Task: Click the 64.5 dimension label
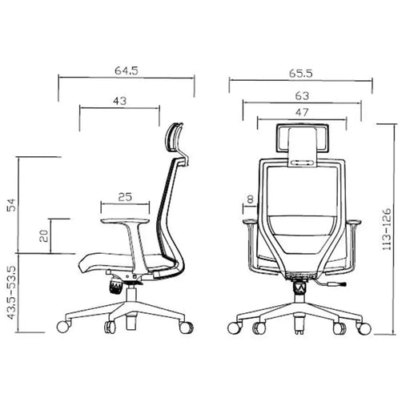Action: coord(127,70)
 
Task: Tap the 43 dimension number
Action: coord(120,101)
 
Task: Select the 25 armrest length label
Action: coord(125,197)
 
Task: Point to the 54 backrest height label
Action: coord(11,205)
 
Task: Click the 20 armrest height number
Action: coord(44,235)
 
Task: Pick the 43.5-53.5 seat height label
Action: coord(11,292)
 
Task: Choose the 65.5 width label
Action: coord(301,73)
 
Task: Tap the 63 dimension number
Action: coord(302,95)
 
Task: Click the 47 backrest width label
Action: coord(302,112)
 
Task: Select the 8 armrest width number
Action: coord(250,199)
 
